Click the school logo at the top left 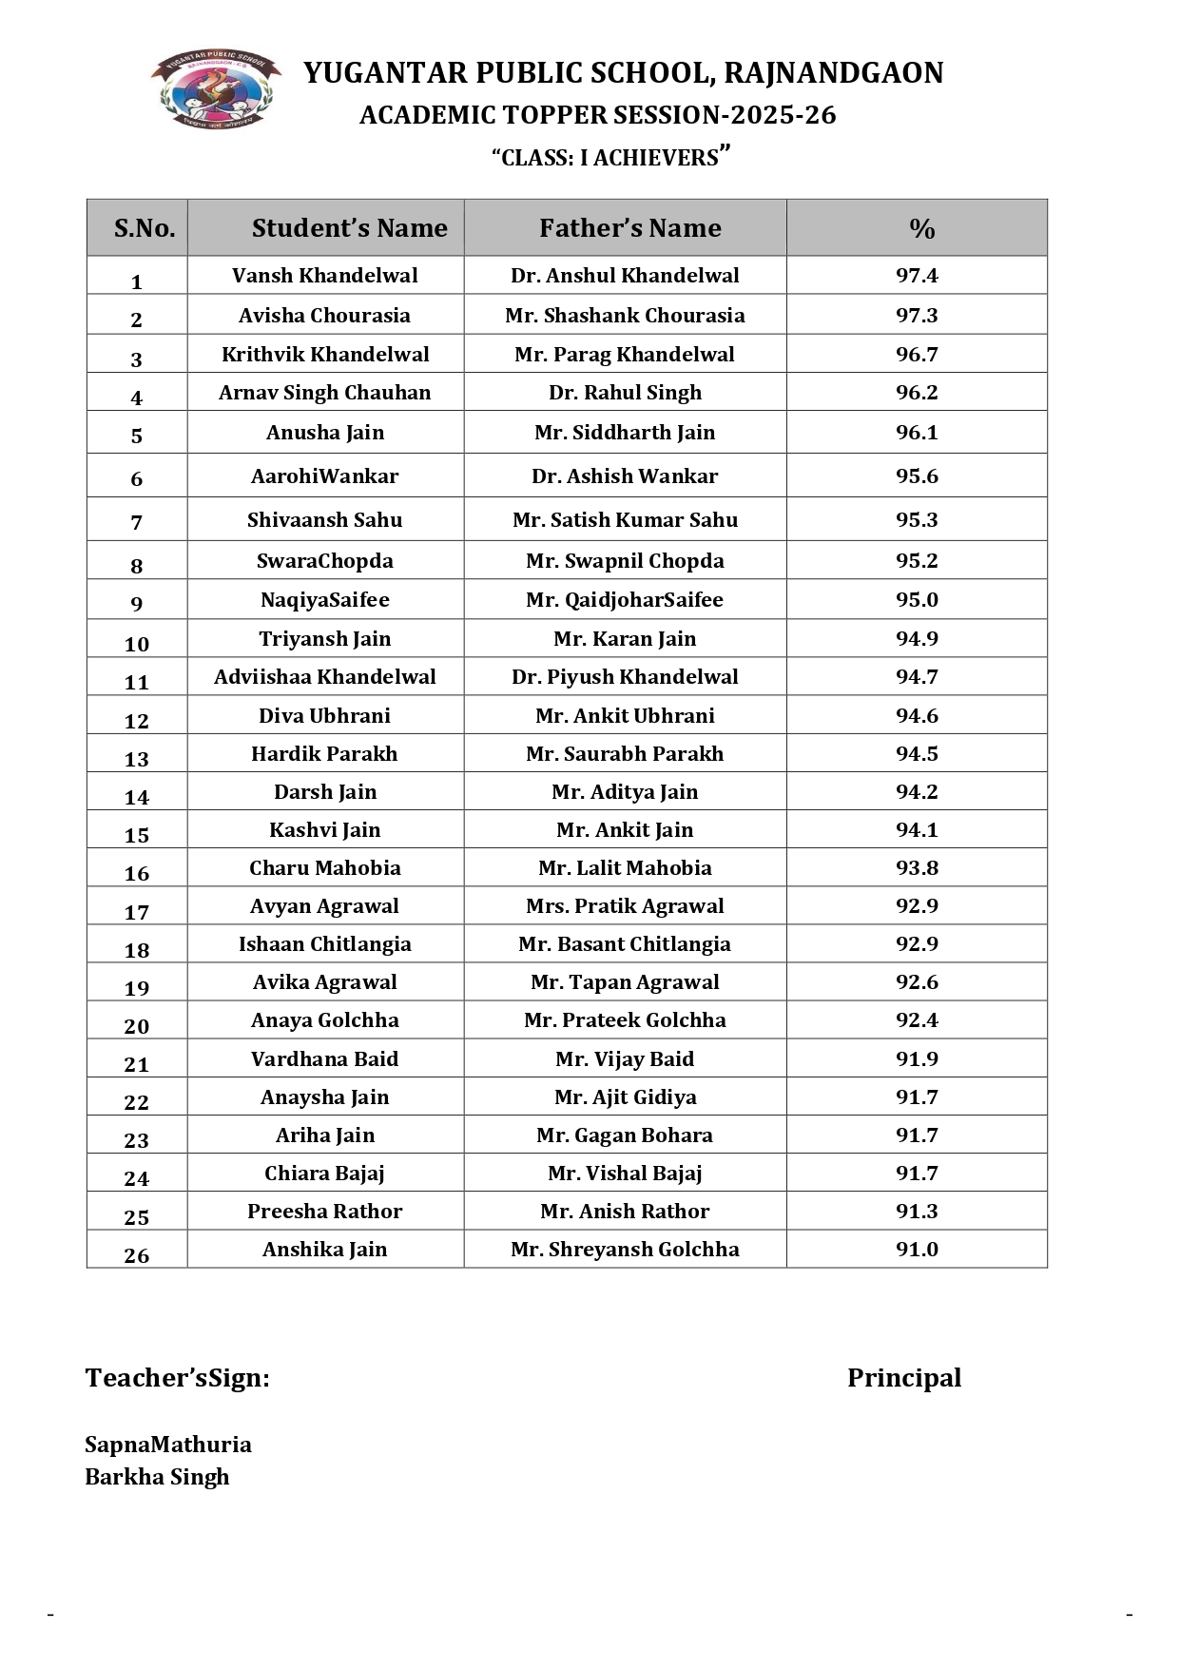tap(216, 89)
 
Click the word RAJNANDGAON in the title tap(833, 73)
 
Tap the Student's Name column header tap(349, 228)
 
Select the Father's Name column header tap(629, 228)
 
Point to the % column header tap(921, 228)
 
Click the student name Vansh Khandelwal tap(324, 276)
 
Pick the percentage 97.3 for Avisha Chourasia tap(917, 315)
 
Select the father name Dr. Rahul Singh tap(625, 393)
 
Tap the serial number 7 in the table tap(137, 522)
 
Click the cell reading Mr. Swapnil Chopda tap(625, 561)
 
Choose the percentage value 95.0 tap(917, 600)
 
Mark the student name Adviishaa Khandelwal tap(324, 677)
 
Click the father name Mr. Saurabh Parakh tap(625, 754)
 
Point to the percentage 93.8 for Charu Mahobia tap(917, 868)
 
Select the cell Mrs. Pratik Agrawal tap(625, 906)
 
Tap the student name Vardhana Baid tap(324, 1059)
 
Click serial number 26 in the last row tap(137, 1255)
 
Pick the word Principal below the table tap(903, 1378)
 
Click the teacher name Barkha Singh tap(157, 1477)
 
